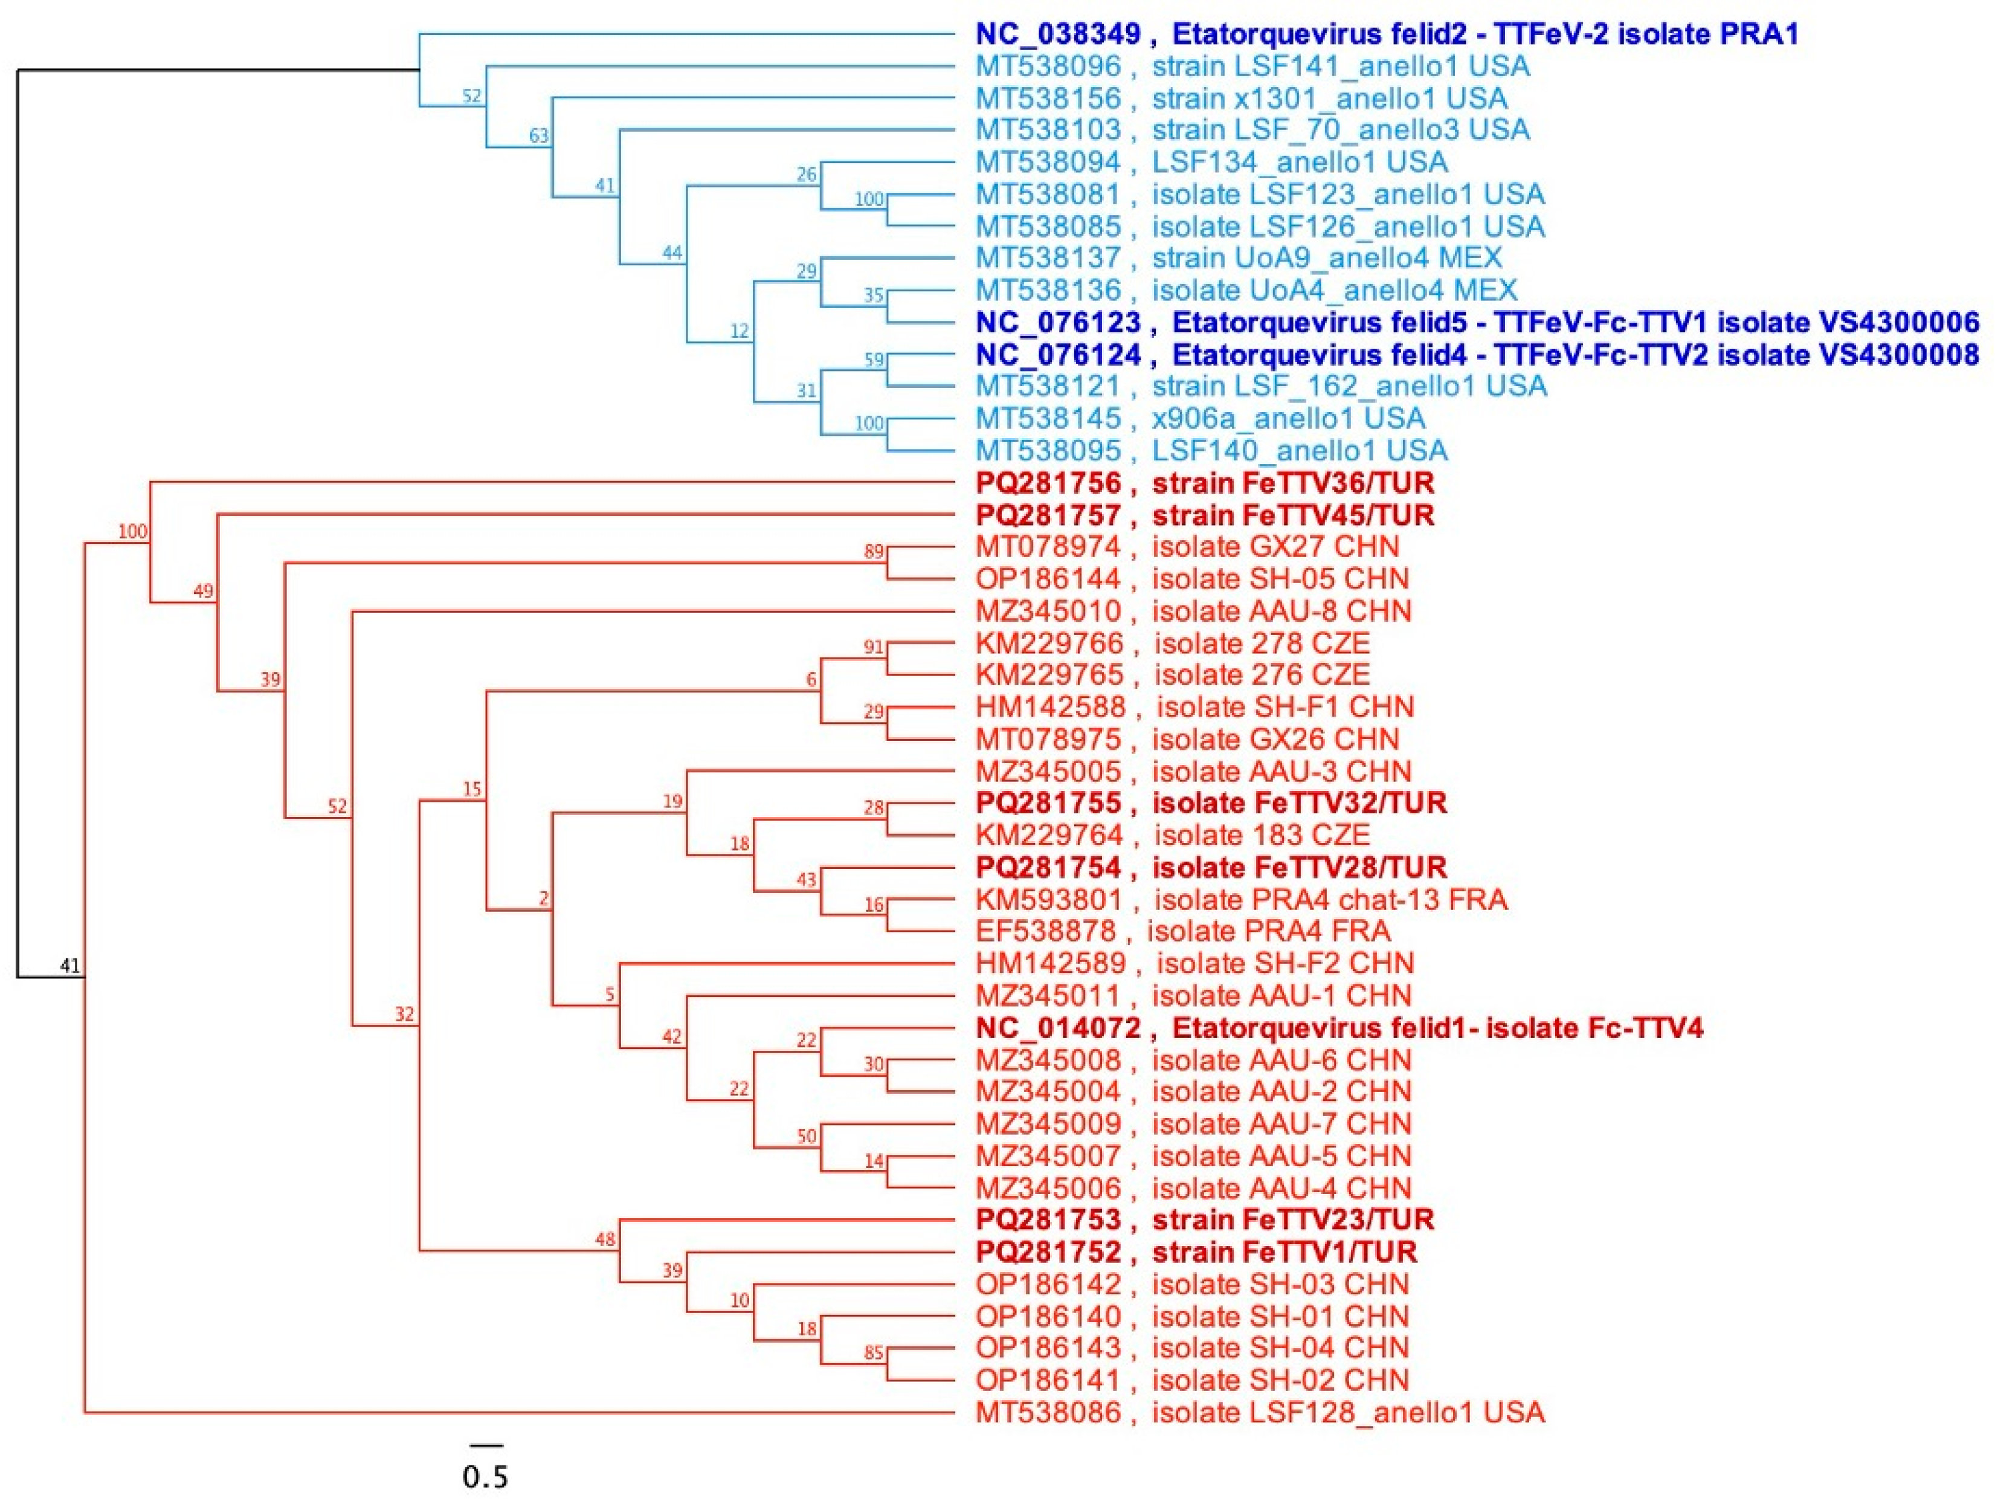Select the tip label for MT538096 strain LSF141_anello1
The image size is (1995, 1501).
pyautogui.click(x=1252, y=66)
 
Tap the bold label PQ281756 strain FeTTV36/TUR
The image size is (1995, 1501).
pyautogui.click(x=1204, y=483)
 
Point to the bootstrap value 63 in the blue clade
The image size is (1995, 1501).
pyautogui.click(x=538, y=136)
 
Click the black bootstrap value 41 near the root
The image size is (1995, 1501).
pyautogui.click(x=69, y=966)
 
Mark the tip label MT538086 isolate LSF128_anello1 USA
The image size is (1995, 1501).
pyautogui.click(x=1259, y=1412)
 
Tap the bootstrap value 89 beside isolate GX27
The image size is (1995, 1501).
pyautogui.click(x=873, y=551)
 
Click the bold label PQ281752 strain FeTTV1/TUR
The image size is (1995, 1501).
pyautogui.click(x=1196, y=1252)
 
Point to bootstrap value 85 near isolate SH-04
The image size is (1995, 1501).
pyautogui.click(x=873, y=1353)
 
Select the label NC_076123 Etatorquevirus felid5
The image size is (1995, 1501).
pyautogui.click(x=1477, y=322)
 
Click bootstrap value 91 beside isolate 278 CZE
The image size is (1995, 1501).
pyautogui.click(x=873, y=648)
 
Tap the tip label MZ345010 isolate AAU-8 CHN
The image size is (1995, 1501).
pyautogui.click(x=1192, y=611)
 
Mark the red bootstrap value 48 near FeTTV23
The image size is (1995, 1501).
pyautogui.click(x=604, y=1239)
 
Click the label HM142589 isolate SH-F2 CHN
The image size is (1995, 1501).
pyautogui.click(x=1194, y=963)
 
